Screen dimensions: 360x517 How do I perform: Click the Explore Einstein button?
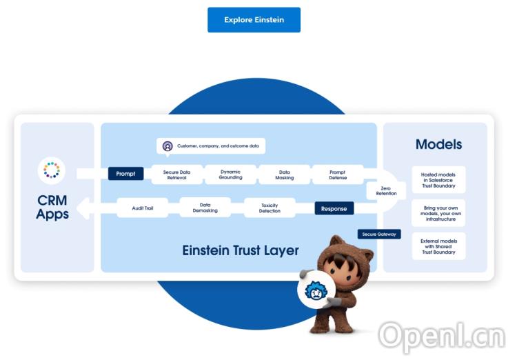click(254, 20)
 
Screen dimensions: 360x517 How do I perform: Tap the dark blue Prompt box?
click(125, 174)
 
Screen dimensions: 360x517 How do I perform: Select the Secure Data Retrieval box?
click(177, 174)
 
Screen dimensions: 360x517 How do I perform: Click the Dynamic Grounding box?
click(230, 174)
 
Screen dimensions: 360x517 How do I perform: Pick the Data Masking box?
click(284, 174)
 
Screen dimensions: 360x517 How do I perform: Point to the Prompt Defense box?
click(338, 174)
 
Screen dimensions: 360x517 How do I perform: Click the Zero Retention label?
click(386, 190)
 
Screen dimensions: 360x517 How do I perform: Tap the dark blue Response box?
click(334, 208)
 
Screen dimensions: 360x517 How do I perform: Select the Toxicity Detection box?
click(270, 208)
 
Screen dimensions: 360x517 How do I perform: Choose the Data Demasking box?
click(205, 208)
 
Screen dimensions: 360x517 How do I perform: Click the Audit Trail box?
click(142, 208)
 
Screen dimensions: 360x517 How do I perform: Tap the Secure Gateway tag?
click(378, 234)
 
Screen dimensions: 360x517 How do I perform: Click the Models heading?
click(438, 145)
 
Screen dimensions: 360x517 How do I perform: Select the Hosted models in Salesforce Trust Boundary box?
click(438, 179)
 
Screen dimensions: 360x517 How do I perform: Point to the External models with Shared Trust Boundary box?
click(438, 246)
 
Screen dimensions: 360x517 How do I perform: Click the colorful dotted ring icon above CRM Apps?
click(52, 170)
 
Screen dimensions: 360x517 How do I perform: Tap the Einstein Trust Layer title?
click(241, 250)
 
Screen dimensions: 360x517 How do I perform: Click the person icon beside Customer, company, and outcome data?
click(168, 146)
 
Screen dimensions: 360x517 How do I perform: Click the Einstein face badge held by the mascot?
click(316, 291)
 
